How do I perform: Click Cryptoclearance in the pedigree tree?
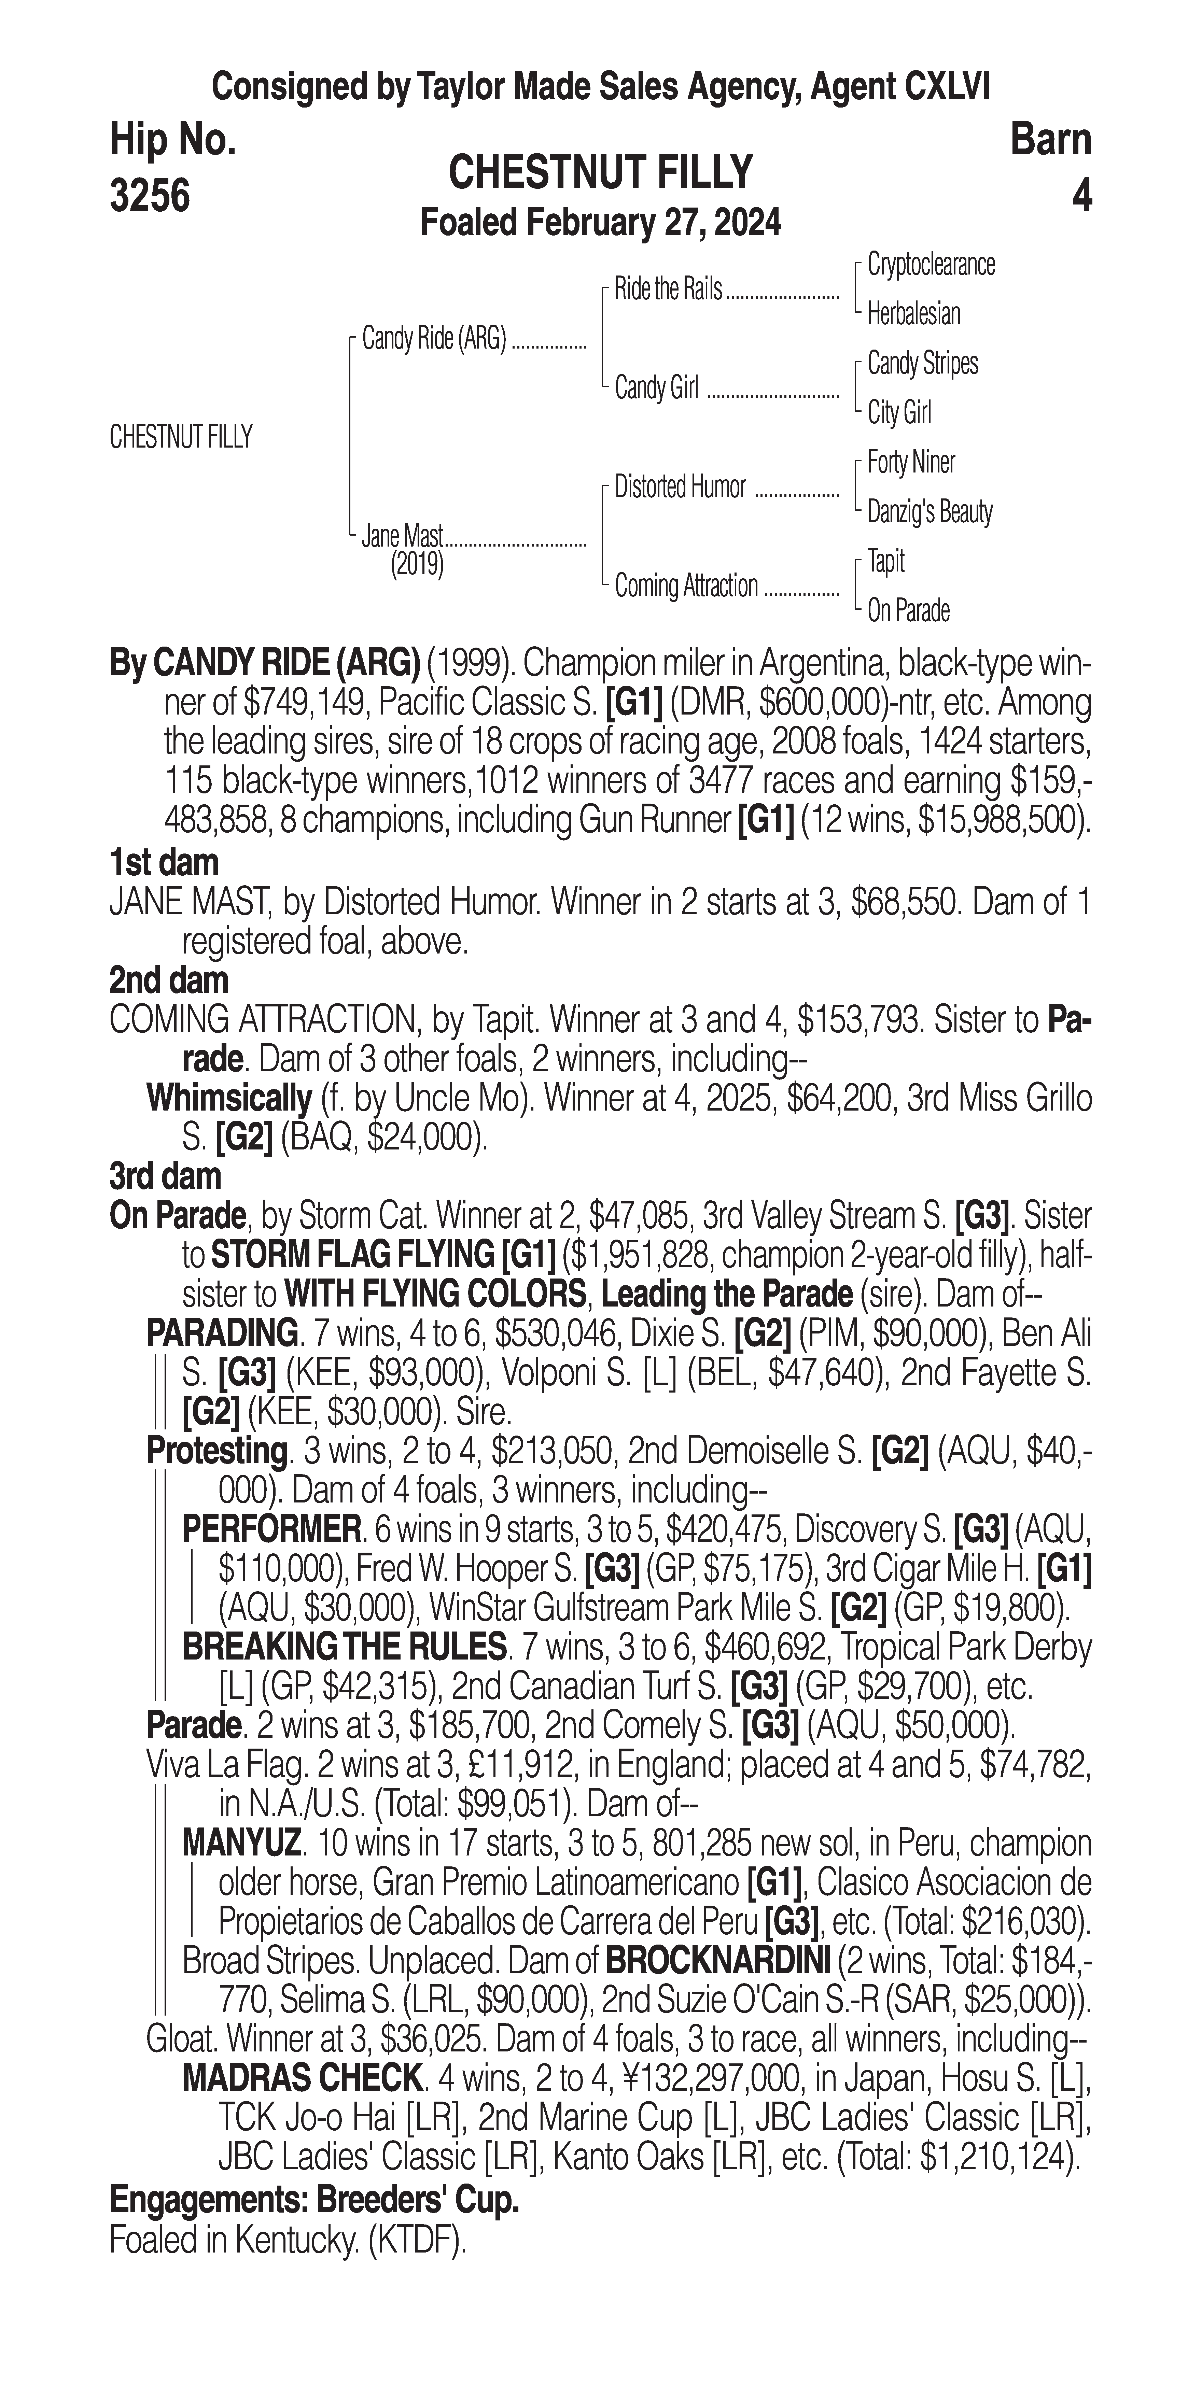[x=930, y=265]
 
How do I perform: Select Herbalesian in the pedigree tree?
[x=913, y=314]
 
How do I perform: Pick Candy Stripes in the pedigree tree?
[x=922, y=363]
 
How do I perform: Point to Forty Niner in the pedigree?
[x=910, y=462]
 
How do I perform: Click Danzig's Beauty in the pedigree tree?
[x=929, y=511]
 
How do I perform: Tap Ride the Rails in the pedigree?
[x=668, y=290]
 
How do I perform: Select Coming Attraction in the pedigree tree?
[x=686, y=586]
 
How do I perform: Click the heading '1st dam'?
[x=164, y=863]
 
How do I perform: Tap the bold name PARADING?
[x=221, y=1333]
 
